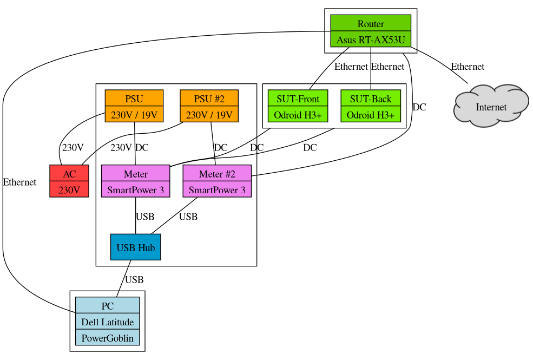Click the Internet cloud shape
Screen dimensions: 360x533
click(x=491, y=107)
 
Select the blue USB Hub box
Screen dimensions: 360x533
click(x=135, y=247)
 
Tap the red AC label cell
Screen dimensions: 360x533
click(x=69, y=174)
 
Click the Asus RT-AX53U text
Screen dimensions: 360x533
click(x=371, y=40)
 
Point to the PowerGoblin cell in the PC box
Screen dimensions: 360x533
click(x=107, y=338)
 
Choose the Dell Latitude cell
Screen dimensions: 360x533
click(x=107, y=322)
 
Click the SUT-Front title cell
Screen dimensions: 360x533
click(x=298, y=99)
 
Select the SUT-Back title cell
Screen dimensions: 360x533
click(x=371, y=99)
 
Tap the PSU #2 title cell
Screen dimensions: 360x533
click(x=209, y=99)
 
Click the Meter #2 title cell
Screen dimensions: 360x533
click(x=217, y=174)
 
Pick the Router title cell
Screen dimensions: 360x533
click(x=371, y=23)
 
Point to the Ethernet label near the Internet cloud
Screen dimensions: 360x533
click(x=468, y=67)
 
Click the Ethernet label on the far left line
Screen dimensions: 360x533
click(x=19, y=182)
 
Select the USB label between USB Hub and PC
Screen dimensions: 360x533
click(x=134, y=280)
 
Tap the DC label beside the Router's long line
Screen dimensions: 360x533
click(x=419, y=107)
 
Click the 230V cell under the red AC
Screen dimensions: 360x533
click(x=69, y=190)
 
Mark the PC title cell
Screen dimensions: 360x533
click(x=107, y=306)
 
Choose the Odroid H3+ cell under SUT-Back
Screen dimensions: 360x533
click(x=371, y=115)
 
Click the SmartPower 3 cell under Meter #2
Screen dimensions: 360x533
click(x=217, y=190)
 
